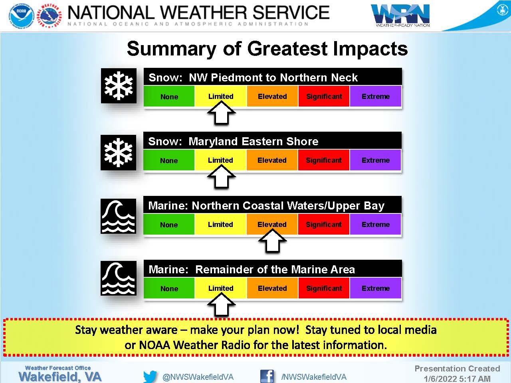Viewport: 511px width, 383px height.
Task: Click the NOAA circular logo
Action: pyautogui.click(x=22, y=16)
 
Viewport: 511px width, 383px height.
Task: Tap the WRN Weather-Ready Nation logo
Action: pyautogui.click(x=400, y=15)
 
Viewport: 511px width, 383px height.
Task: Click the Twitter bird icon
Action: pyautogui.click(x=150, y=376)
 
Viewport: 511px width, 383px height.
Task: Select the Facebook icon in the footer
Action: pyautogui.click(x=267, y=376)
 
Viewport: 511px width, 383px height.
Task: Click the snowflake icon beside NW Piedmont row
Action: pyautogui.click(x=119, y=85)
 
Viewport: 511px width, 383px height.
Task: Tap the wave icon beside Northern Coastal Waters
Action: pyautogui.click(x=118, y=216)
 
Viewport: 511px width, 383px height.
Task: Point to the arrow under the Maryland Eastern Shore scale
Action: pyautogui.click(x=221, y=176)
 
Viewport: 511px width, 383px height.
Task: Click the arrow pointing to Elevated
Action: pyautogui.click(x=272, y=241)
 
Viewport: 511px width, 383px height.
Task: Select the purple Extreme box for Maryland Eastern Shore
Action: pyautogui.click(x=375, y=160)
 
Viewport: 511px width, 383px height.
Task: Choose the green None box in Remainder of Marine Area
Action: pyautogui.click(x=169, y=288)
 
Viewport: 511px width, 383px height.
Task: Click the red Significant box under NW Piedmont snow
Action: pyautogui.click(x=324, y=96)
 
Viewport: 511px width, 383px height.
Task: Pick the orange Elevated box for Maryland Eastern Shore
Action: pyautogui.click(x=272, y=160)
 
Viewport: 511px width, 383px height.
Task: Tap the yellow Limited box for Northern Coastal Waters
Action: pyautogui.click(x=220, y=224)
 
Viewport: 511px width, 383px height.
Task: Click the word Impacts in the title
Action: pyautogui.click(x=370, y=49)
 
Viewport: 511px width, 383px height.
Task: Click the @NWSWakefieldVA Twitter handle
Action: pyautogui.click(x=198, y=377)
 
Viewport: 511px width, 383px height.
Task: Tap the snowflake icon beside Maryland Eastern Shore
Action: pyautogui.click(x=118, y=152)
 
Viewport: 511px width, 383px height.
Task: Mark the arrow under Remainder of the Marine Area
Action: pyautogui.click(x=221, y=304)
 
